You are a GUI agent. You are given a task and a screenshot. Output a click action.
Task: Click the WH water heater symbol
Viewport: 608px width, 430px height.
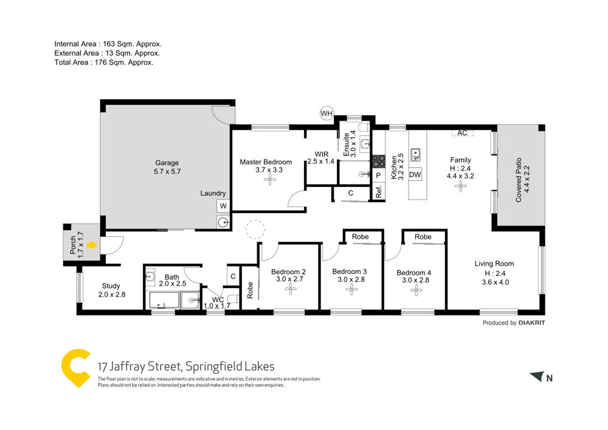click(x=327, y=113)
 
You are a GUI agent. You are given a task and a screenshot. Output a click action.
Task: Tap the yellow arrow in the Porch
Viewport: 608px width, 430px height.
click(x=91, y=245)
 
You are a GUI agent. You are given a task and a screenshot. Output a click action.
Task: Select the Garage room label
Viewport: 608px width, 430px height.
click(x=167, y=163)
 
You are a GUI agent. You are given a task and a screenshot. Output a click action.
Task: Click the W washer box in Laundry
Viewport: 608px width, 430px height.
click(x=223, y=206)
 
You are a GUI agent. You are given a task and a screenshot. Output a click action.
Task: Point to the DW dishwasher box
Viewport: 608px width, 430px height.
click(x=415, y=175)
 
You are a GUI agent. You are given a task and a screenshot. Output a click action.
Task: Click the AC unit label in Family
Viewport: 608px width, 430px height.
click(x=462, y=133)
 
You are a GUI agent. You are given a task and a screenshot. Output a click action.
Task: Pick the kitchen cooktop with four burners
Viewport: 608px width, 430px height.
click(x=379, y=161)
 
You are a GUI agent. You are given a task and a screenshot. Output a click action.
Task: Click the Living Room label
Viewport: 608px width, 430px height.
click(x=494, y=264)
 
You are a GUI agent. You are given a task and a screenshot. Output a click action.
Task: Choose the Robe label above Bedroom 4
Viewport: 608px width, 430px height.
click(x=423, y=237)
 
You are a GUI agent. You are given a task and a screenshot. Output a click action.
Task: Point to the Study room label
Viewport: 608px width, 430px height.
click(x=111, y=286)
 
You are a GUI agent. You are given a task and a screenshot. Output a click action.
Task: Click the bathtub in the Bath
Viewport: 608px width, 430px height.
click(x=164, y=300)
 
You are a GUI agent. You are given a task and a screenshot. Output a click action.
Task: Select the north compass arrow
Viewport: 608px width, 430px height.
click(x=536, y=377)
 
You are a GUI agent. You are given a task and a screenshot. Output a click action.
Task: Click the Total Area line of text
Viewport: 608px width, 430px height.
click(x=103, y=62)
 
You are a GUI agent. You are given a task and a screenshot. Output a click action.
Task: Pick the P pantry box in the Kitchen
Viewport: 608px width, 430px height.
click(x=378, y=175)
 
